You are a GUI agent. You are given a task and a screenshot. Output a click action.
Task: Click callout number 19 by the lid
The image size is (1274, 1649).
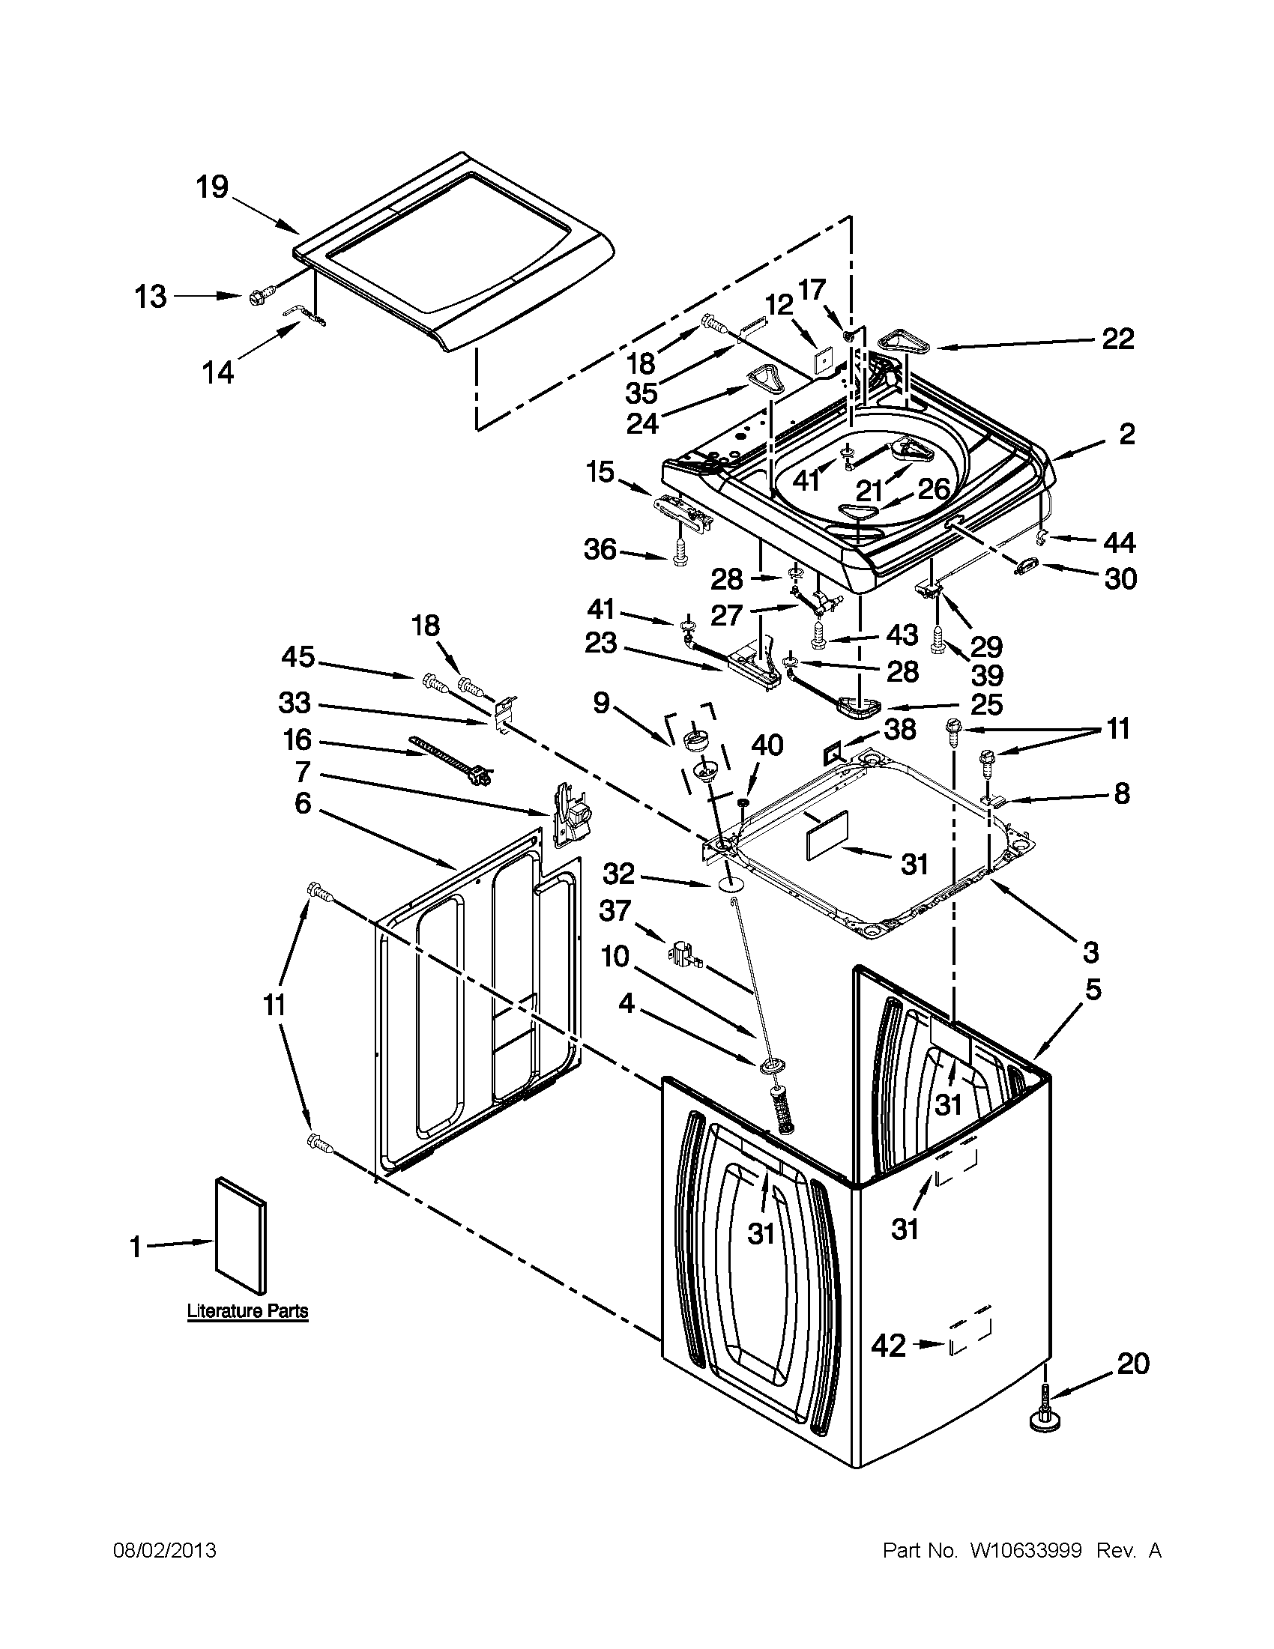212,186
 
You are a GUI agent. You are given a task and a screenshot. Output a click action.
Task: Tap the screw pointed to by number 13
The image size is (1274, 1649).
256,297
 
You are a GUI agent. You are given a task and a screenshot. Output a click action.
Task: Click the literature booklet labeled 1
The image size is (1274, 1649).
241,1234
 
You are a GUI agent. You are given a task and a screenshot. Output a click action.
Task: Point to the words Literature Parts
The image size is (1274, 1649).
248,1311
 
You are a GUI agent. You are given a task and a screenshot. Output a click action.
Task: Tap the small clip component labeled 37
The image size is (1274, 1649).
683,954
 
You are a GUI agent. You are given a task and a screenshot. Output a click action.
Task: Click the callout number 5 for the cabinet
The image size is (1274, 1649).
1093,989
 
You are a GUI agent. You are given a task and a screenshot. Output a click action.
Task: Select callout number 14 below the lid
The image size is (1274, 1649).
218,372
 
